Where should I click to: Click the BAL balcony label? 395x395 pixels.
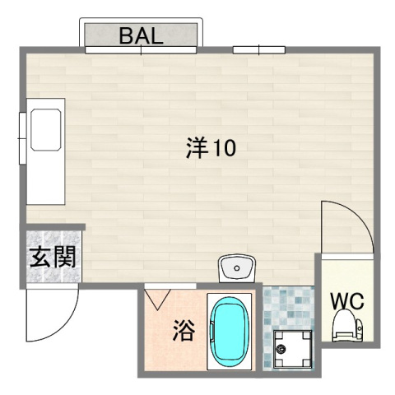pos(141,35)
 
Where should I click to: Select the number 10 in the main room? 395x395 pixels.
pos(225,149)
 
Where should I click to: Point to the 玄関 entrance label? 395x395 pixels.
pos(53,258)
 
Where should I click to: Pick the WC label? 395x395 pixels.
pos(347,301)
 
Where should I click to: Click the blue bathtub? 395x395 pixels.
pos(230,332)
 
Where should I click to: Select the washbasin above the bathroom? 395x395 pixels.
pos(237,268)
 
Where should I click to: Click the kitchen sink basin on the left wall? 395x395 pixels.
pos(46,127)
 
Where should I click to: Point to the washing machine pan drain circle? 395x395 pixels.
pos(281,350)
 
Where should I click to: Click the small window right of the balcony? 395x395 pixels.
pos(258,50)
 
